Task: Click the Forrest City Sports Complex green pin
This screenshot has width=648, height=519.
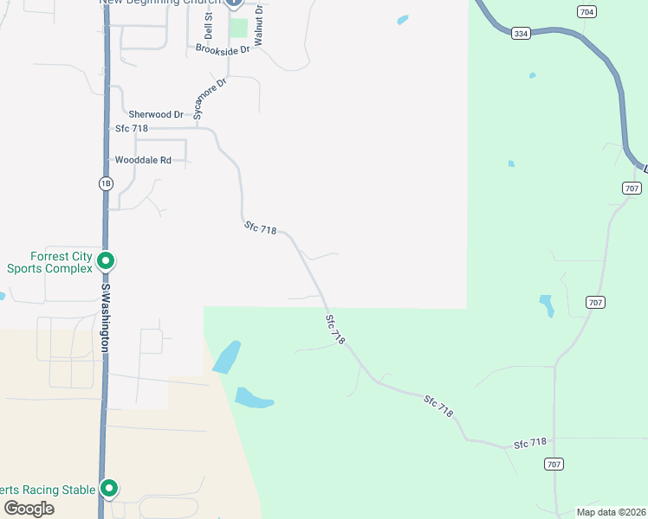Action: tap(106, 259)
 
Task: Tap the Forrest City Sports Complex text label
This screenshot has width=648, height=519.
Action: tap(49, 262)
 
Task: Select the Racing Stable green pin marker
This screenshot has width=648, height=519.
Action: tap(109, 489)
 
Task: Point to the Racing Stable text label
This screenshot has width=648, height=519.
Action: tap(48, 490)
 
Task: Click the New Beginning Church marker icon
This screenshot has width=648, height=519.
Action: tap(234, 3)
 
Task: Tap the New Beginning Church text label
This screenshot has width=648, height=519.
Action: tap(160, 3)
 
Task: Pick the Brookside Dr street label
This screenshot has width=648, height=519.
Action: tap(223, 50)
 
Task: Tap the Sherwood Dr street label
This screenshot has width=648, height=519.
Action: tap(156, 114)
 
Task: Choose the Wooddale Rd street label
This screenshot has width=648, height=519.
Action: tap(144, 160)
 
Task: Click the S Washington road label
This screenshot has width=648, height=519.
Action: tap(106, 317)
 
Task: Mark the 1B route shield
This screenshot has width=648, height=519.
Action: tap(106, 183)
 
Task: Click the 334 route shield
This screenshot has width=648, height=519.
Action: tap(520, 34)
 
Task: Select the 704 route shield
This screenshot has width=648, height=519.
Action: tap(587, 11)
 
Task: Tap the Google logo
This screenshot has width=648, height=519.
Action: tap(28, 509)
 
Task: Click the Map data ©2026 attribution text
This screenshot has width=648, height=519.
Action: tap(610, 511)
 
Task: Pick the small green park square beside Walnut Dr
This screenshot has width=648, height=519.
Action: tap(238, 29)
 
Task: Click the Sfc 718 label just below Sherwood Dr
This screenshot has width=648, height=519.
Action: tap(132, 129)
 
